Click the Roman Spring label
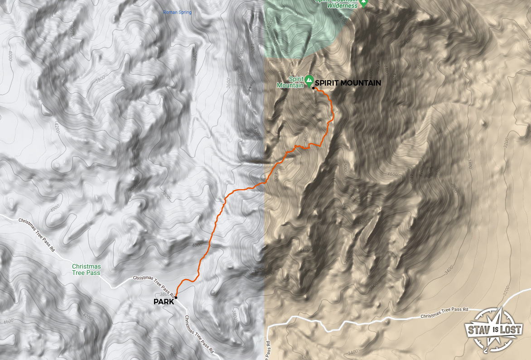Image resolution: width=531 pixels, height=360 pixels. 177,12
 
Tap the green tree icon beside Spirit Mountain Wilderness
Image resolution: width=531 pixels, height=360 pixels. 363,3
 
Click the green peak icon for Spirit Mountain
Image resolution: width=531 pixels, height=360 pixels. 309,80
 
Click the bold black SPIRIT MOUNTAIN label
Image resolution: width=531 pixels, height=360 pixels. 348,83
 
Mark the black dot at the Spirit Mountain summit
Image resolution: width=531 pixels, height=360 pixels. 313,88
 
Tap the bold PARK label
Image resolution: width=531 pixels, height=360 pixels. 164,302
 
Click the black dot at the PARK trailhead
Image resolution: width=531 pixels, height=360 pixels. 176,297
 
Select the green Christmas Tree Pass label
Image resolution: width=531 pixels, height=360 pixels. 87,269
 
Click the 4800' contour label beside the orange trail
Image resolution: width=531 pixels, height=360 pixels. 306,135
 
